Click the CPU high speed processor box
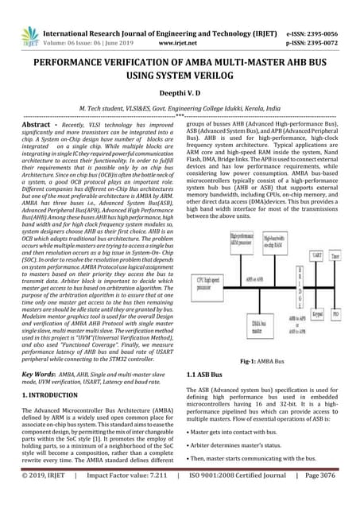[x=208, y=285]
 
